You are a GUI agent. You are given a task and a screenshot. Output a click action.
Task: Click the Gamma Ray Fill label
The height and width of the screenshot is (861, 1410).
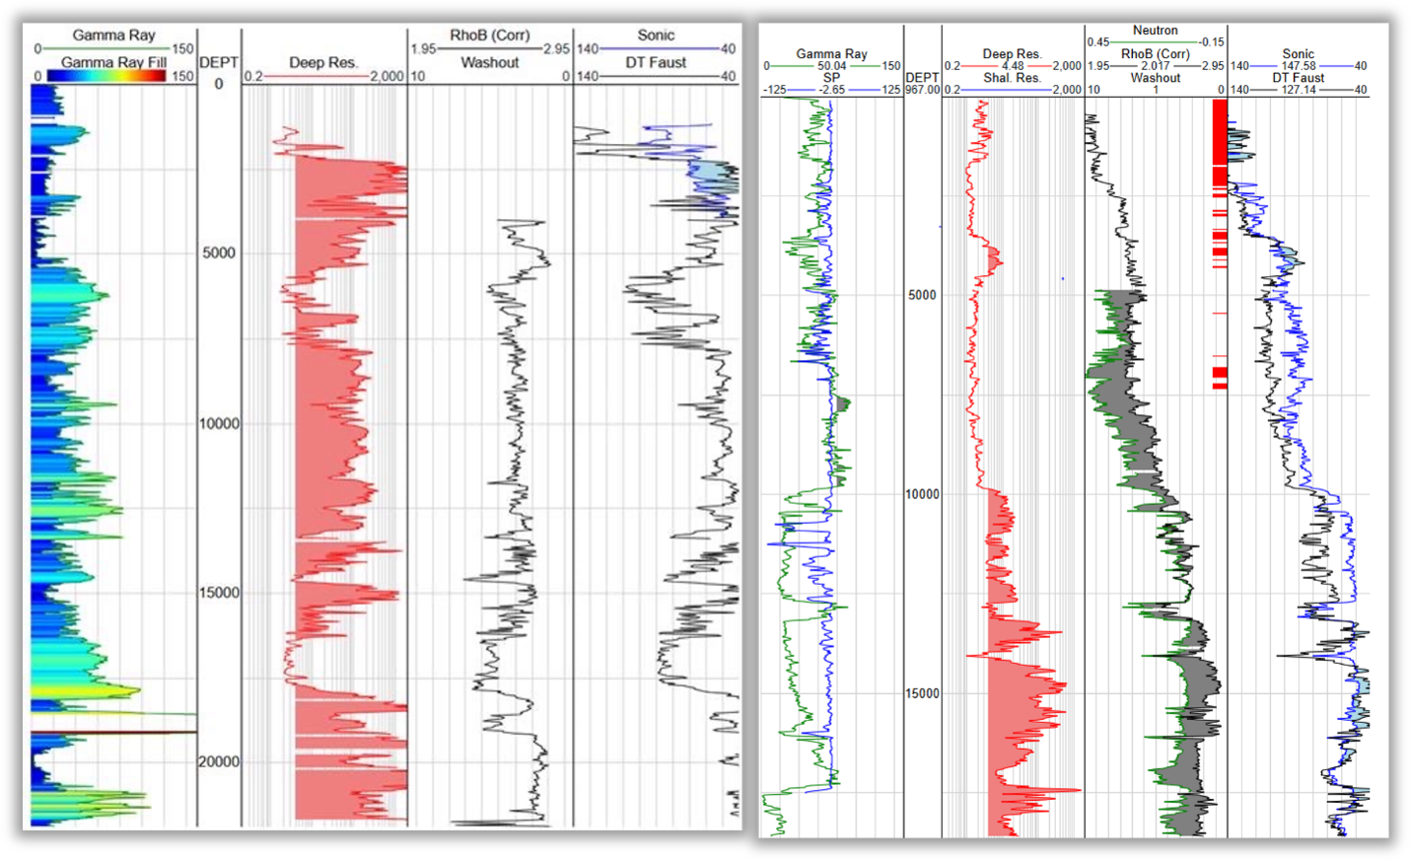114,62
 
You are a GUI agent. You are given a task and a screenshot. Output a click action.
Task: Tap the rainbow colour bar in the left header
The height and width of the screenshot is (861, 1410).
106,76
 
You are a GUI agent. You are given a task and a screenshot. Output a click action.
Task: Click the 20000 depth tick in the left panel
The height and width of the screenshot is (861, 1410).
220,762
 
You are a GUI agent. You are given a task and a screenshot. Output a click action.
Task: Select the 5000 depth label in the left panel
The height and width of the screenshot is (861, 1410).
219,253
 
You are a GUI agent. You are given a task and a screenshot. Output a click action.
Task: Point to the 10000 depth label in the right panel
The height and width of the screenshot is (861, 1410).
922,494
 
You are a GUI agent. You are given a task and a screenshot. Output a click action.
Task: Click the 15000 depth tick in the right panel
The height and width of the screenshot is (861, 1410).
922,693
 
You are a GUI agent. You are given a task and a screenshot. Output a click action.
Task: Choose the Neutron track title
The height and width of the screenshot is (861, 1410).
1155,31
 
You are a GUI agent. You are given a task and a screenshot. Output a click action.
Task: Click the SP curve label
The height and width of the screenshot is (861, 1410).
831,78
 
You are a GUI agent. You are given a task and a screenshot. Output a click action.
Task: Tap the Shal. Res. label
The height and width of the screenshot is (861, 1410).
1013,78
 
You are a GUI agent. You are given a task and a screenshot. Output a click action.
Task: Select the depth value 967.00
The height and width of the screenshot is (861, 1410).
922,90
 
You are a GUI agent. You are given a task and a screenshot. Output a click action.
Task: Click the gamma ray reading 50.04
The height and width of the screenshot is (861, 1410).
831,66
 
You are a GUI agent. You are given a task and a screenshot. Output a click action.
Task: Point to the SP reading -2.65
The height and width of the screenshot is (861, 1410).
831,90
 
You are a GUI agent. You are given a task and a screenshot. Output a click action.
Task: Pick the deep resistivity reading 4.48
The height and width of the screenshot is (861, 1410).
1013,66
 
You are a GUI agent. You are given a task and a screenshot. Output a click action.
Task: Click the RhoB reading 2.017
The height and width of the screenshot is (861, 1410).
1156,66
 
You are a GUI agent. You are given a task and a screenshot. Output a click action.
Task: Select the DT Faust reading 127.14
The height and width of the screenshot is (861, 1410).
1298,90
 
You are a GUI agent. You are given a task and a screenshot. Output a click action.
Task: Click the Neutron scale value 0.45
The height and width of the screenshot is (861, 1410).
1098,42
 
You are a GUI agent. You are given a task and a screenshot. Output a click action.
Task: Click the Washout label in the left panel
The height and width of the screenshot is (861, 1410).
490,62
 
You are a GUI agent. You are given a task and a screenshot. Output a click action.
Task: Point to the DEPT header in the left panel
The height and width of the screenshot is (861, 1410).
219,62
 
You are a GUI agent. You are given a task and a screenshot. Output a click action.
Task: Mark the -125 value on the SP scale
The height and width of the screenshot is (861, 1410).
774,90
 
